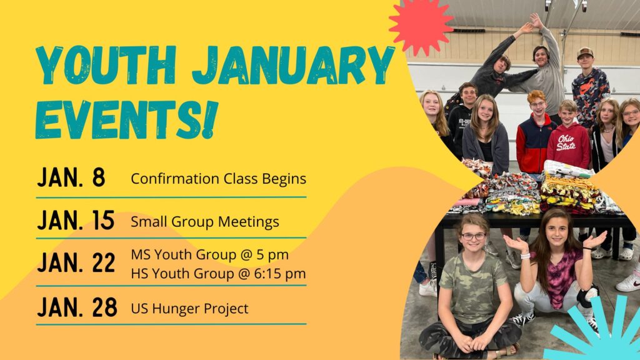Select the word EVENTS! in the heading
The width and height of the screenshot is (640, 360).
pyautogui.click(x=126, y=119)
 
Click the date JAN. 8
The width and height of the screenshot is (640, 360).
pyautogui.click(x=71, y=177)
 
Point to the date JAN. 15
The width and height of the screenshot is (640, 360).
pyautogui.click(x=76, y=221)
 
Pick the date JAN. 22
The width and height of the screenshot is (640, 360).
pyautogui.click(x=76, y=262)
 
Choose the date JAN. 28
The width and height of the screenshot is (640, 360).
pyautogui.click(x=77, y=307)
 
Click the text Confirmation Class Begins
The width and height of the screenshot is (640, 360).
pyautogui.click(x=218, y=179)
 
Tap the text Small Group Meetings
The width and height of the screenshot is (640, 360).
pyautogui.click(x=205, y=222)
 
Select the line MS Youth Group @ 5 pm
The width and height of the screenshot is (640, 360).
pyautogui.click(x=210, y=255)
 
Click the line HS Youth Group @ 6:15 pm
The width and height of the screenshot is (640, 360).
pyautogui.click(x=218, y=274)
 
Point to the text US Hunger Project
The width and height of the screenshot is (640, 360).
pyautogui.click(x=189, y=309)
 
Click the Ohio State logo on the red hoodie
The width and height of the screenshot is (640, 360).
pyautogui.click(x=566, y=142)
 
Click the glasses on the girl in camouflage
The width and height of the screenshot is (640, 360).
pyautogui.click(x=474, y=236)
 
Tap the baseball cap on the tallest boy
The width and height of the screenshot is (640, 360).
pyautogui.click(x=585, y=52)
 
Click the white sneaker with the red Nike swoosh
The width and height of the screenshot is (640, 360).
pyautogui.click(x=629, y=282)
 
